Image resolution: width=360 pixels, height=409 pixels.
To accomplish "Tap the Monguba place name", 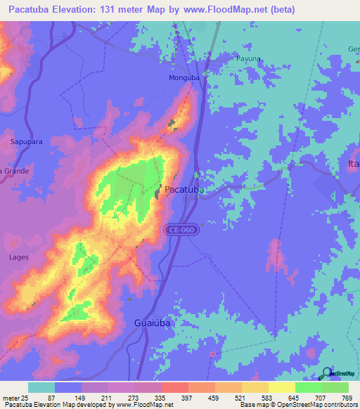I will point(185,78).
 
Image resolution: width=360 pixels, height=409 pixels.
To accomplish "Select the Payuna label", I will point(248,60).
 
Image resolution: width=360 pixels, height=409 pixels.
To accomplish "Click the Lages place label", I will point(19,257).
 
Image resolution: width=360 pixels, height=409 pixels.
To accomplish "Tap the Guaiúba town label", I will point(152,323).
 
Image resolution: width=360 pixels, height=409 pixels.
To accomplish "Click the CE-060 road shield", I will point(179,230).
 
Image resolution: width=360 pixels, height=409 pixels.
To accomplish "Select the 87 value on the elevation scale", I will point(50,398).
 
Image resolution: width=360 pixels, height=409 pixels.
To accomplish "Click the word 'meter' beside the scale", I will point(9,398).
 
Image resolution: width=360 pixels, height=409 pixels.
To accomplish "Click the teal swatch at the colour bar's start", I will point(41,387).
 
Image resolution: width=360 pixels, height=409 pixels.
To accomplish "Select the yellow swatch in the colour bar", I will point(281,387).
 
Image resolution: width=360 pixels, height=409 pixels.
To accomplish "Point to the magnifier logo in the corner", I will point(326,374).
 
